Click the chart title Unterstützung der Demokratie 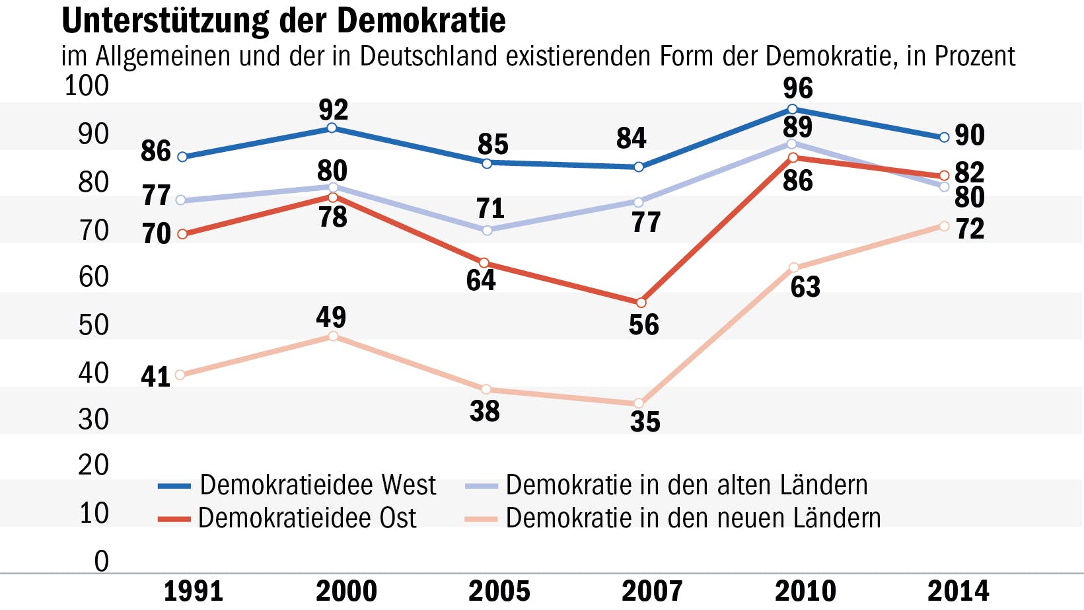click(x=283, y=21)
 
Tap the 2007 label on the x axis click(x=652, y=591)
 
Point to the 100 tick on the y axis click(x=87, y=86)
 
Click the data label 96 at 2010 click(x=798, y=88)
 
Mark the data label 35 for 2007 click(x=645, y=422)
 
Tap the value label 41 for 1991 click(x=156, y=377)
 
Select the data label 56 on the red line click(x=644, y=325)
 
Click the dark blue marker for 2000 click(x=332, y=128)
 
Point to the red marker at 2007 click(x=641, y=303)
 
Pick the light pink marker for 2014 click(x=944, y=226)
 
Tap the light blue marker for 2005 click(x=487, y=230)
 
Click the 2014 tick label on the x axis click(x=958, y=591)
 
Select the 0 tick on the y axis click(x=101, y=561)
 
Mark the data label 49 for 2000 click(x=331, y=317)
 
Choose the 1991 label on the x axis click(x=194, y=591)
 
